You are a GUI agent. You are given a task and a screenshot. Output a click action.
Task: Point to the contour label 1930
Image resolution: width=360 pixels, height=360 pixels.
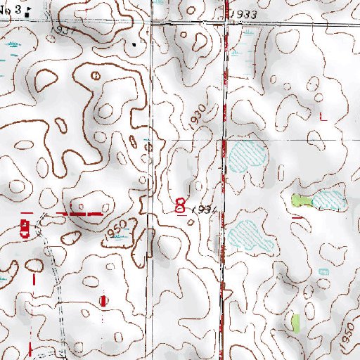[199, 117]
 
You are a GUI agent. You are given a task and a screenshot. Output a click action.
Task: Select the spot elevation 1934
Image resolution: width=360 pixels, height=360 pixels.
[201, 210]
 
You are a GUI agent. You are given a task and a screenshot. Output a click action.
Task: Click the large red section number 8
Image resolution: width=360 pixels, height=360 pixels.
[180, 206]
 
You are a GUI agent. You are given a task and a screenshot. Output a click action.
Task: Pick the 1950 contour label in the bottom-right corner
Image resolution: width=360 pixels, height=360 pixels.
[346, 341]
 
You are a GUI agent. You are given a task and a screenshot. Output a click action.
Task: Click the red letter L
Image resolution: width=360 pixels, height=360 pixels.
[323, 117]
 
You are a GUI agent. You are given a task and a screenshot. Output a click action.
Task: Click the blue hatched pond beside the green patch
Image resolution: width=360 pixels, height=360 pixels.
[328, 200]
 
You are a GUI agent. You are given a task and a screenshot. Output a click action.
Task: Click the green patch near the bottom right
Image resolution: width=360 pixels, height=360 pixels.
[296, 323]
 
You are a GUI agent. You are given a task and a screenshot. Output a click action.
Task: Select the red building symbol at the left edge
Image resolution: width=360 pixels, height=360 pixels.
[25, 228]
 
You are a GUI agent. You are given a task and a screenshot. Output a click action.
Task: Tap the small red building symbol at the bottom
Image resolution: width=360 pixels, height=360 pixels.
[104, 301]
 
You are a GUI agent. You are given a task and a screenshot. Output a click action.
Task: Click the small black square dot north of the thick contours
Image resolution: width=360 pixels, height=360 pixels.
[136, 43]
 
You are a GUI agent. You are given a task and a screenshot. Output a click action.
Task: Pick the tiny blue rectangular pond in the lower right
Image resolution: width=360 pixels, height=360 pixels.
[323, 271]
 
